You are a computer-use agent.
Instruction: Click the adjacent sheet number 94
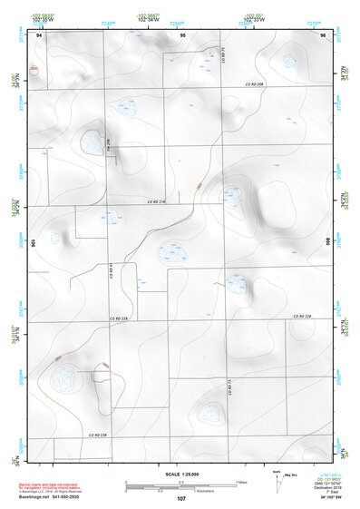tap(39, 34)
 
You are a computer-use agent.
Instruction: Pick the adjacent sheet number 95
tap(182, 34)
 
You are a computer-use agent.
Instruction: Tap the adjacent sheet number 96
tap(323, 34)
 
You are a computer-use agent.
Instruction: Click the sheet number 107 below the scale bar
tap(181, 497)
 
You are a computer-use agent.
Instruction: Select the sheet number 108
tap(327, 242)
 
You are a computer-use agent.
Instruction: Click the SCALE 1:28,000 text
tap(181, 474)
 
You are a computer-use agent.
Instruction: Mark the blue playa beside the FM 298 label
tap(91, 141)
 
